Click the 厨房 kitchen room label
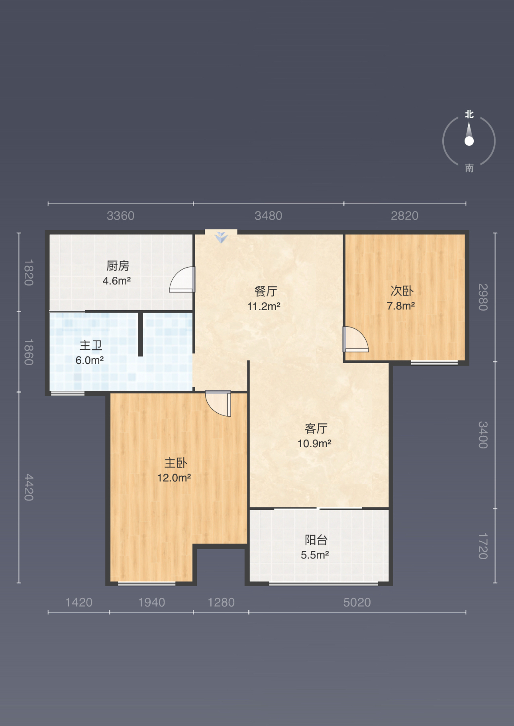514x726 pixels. click(x=118, y=266)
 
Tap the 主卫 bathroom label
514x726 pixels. click(x=91, y=345)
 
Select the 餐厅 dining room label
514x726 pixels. click(x=266, y=291)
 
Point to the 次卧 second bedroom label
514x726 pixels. click(x=402, y=291)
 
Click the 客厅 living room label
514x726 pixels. click(x=316, y=428)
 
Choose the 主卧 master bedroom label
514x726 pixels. click(x=176, y=463)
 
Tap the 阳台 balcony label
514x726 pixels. click(x=316, y=540)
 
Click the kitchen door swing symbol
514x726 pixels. click(x=182, y=280)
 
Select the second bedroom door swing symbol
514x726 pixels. click(x=356, y=340)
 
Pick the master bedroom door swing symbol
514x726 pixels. click(x=218, y=403)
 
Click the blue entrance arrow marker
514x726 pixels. click(x=221, y=237)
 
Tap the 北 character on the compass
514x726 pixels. click(x=469, y=115)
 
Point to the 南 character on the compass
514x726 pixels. click(x=469, y=168)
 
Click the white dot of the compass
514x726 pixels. click(x=469, y=141)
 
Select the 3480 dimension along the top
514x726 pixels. click(x=268, y=216)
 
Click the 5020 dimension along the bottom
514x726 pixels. click(x=357, y=602)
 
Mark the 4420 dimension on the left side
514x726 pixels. click(x=29, y=487)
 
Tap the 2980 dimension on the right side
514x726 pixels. click(x=483, y=297)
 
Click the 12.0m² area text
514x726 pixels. click(x=174, y=478)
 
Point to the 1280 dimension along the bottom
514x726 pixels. click(x=221, y=602)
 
